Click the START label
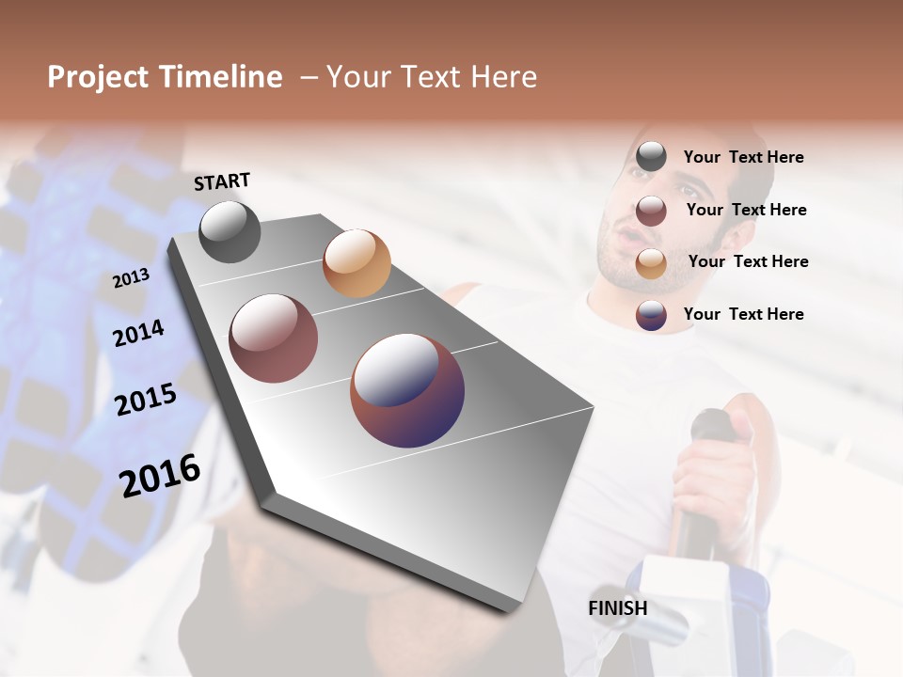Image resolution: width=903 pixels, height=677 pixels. click(x=222, y=181)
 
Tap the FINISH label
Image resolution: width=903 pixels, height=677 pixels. click(x=618, y=608)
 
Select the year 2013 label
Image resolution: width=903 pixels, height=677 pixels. click(x=131, y=277)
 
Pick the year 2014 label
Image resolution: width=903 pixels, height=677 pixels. click(x=138, y=333)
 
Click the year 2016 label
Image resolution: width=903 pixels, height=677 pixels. click(x=160, y=475)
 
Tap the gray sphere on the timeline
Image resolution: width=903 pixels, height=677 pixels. click(x=230, y=231)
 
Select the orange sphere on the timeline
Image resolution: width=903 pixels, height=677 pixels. click(x=356, y=263)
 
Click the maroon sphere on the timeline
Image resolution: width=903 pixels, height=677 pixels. click(x=274, y=338)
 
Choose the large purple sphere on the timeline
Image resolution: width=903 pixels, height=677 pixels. click(x=407, y=390)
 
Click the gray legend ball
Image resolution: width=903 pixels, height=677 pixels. click(x=651, y=157)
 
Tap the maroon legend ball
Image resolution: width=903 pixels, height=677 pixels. click(x=651, y=211)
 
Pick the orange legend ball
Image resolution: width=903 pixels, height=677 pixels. click(x=651, y=263)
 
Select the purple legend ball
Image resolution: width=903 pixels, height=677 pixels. click(x=651, y=315)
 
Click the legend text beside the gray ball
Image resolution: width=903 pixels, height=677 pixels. click(x=744, y=157)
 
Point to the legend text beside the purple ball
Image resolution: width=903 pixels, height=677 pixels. click(x=744, y=314)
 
